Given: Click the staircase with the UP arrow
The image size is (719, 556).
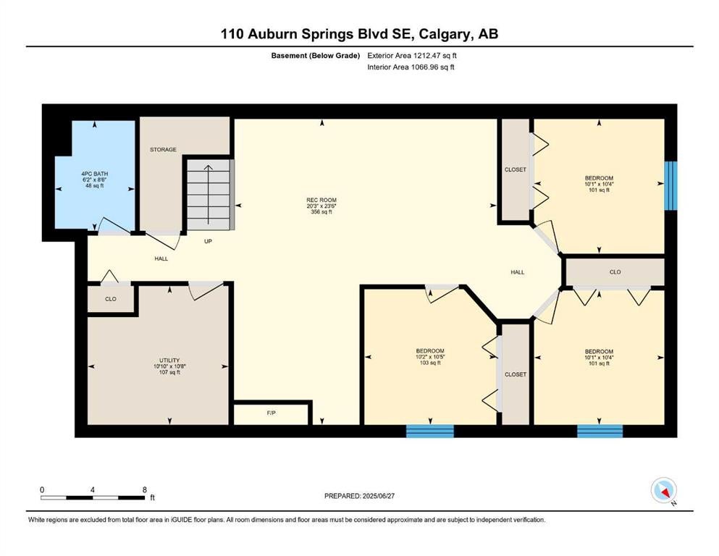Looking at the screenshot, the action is tap(209, 194).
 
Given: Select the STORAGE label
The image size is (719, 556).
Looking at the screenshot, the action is tap(163, 149).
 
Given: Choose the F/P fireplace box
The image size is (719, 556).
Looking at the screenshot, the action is tap(271, 413).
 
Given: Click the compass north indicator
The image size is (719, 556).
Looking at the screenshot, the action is tap(664, 490).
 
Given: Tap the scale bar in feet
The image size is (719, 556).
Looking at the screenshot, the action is tap(93, 497).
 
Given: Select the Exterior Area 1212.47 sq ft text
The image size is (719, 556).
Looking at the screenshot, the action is tap(412, 56).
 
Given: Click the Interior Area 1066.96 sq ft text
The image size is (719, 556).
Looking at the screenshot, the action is tap(411, 67).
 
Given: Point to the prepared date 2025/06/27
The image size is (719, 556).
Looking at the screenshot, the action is tap(359, 496).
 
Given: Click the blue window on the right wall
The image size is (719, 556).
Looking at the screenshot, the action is tap(671, 185).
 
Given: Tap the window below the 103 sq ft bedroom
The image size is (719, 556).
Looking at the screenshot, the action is tap(430, 431).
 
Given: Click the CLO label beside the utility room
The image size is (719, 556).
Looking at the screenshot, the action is tap(111, 299).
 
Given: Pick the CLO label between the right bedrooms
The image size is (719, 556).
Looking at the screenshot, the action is tap(615, 272).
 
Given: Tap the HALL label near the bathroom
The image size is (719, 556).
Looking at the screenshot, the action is tap(161, 259).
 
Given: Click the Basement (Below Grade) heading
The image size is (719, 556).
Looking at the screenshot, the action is tap(316, 56).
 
